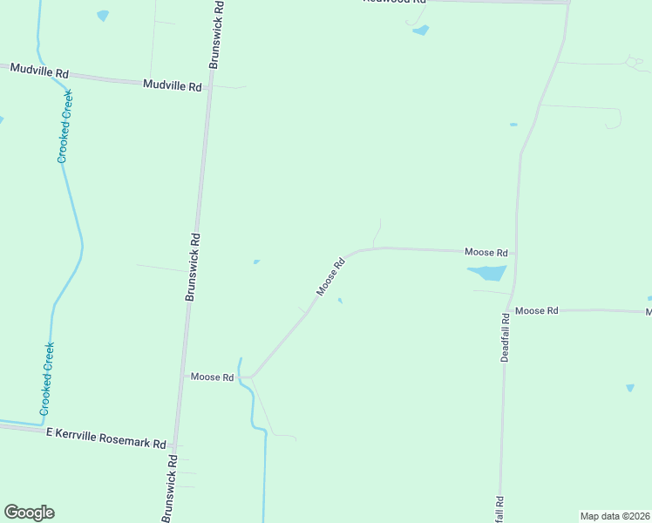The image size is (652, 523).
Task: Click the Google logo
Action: pyautogui.click(x=29, y=513)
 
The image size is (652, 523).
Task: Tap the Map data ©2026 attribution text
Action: pyautogui.click(x=615, y=516)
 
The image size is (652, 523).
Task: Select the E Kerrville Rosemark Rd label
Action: pyautogui.click(x=106, y=438)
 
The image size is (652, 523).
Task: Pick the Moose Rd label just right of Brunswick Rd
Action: pyautogui.click(x=213, y=377)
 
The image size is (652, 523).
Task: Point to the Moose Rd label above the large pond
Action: pyautogui.click(x=486, y=252)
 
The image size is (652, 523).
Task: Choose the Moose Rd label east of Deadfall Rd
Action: pyautogui.click(x=536, y=310)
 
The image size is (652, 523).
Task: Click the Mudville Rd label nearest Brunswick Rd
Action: pyautogui.click(x=173, y=86)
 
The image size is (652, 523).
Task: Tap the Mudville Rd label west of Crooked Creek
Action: pyautogui.click(x=39, y=71)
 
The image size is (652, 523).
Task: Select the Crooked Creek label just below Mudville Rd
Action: pyautogui.click(x=65, y=126)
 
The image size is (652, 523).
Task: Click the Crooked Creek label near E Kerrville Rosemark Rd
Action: pyautogui.click(x=47, y=377)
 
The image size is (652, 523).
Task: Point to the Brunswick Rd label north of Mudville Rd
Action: pyautogui.click(x=216, y=35)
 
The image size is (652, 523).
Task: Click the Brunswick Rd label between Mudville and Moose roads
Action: pyautogui.click(x=194, y=267)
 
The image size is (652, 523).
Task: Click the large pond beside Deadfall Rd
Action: pyautogui.click(x=488, y=273)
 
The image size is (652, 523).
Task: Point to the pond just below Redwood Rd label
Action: pyautogui.click(x=421, y=31)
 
